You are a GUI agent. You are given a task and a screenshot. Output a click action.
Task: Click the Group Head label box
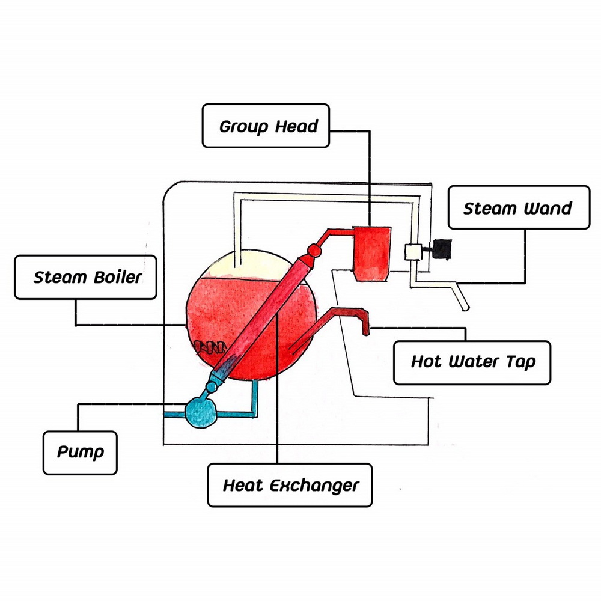pyautogui.click(x=266, y=126)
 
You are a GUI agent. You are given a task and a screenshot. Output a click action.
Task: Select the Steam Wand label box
pyautogui.click(x=518, y=207)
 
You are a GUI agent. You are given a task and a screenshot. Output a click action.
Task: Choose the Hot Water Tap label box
pyautogui.click(x=472, y=362)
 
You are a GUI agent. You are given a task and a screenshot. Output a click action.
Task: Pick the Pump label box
pyautogui.click(x=80, y=451)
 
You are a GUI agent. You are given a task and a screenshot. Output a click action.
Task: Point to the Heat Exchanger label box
pyautogui.click(x=290, y=485)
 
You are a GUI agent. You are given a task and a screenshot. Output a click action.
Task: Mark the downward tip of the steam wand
pyautogui.click(x=464, y=307)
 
